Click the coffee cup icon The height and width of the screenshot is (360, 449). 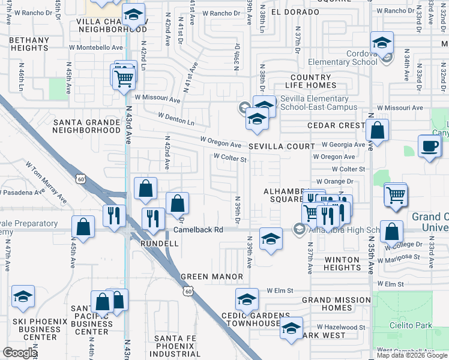click(430, 146)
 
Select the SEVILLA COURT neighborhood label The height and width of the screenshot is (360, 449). click(282, 146)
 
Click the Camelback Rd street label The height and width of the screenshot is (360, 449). click(198, 230)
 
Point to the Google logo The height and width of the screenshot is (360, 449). click(19, 353)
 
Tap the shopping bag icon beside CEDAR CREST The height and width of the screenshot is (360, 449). click(377, 130)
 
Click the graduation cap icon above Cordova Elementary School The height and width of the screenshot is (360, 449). click(381, 43)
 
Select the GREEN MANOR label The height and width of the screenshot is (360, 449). click(212, 277)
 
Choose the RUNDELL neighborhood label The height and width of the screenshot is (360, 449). click(159, 244)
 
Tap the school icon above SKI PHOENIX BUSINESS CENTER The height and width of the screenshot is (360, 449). click(23, 296)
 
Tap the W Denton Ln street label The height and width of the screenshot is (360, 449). click(176, 115)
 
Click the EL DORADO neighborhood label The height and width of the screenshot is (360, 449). click(295, 12)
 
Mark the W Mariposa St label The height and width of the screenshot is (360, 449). click(402, 257)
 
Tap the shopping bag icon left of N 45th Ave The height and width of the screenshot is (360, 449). click(83, 227)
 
